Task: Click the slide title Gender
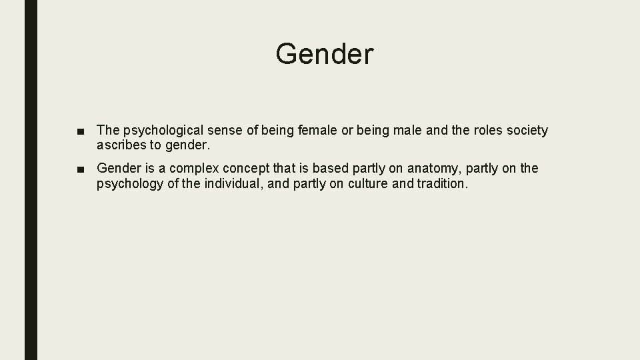(325, 54)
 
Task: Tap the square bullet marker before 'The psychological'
(80, 131)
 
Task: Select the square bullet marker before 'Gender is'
(80, 169)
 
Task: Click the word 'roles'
(490, 131)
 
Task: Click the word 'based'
(329, 169)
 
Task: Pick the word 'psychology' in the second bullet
(129, 183)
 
